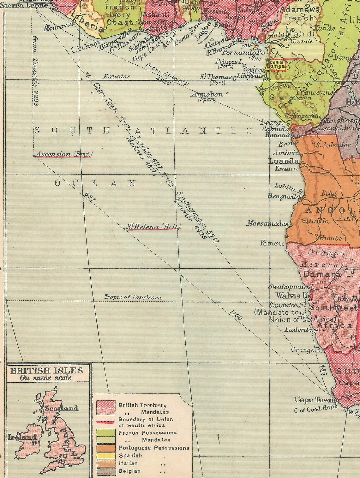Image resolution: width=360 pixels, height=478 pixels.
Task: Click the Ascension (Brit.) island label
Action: tap(63, 154)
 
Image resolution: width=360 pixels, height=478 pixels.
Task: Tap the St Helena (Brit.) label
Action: tap(153, 226)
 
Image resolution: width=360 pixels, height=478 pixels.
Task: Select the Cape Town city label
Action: tap(314, 400)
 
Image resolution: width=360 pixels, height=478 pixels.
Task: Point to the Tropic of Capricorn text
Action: tap(133, 297)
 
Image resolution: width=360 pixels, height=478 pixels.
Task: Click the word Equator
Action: tap(117, 76)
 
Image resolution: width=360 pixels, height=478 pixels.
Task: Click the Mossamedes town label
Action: tap(267, 223)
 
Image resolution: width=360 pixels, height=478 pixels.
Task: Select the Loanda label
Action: tap(284, 161)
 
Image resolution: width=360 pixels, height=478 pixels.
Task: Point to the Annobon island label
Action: tap(207, 94)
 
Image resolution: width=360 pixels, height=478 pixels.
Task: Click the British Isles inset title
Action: tap(46, 370)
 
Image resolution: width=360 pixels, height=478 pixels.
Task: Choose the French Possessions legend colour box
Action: tap(106, 433)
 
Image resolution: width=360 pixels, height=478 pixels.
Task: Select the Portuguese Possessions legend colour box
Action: tap(106, 448)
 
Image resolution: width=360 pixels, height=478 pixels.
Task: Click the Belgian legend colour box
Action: tap(106, 471)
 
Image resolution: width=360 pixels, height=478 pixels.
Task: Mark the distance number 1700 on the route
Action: tap(236, 315)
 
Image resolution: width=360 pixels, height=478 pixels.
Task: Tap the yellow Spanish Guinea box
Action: tap(276, 65)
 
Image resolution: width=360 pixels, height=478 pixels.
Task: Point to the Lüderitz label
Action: tap(298, 330)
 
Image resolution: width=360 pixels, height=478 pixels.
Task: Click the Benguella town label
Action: tap(284, 196)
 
